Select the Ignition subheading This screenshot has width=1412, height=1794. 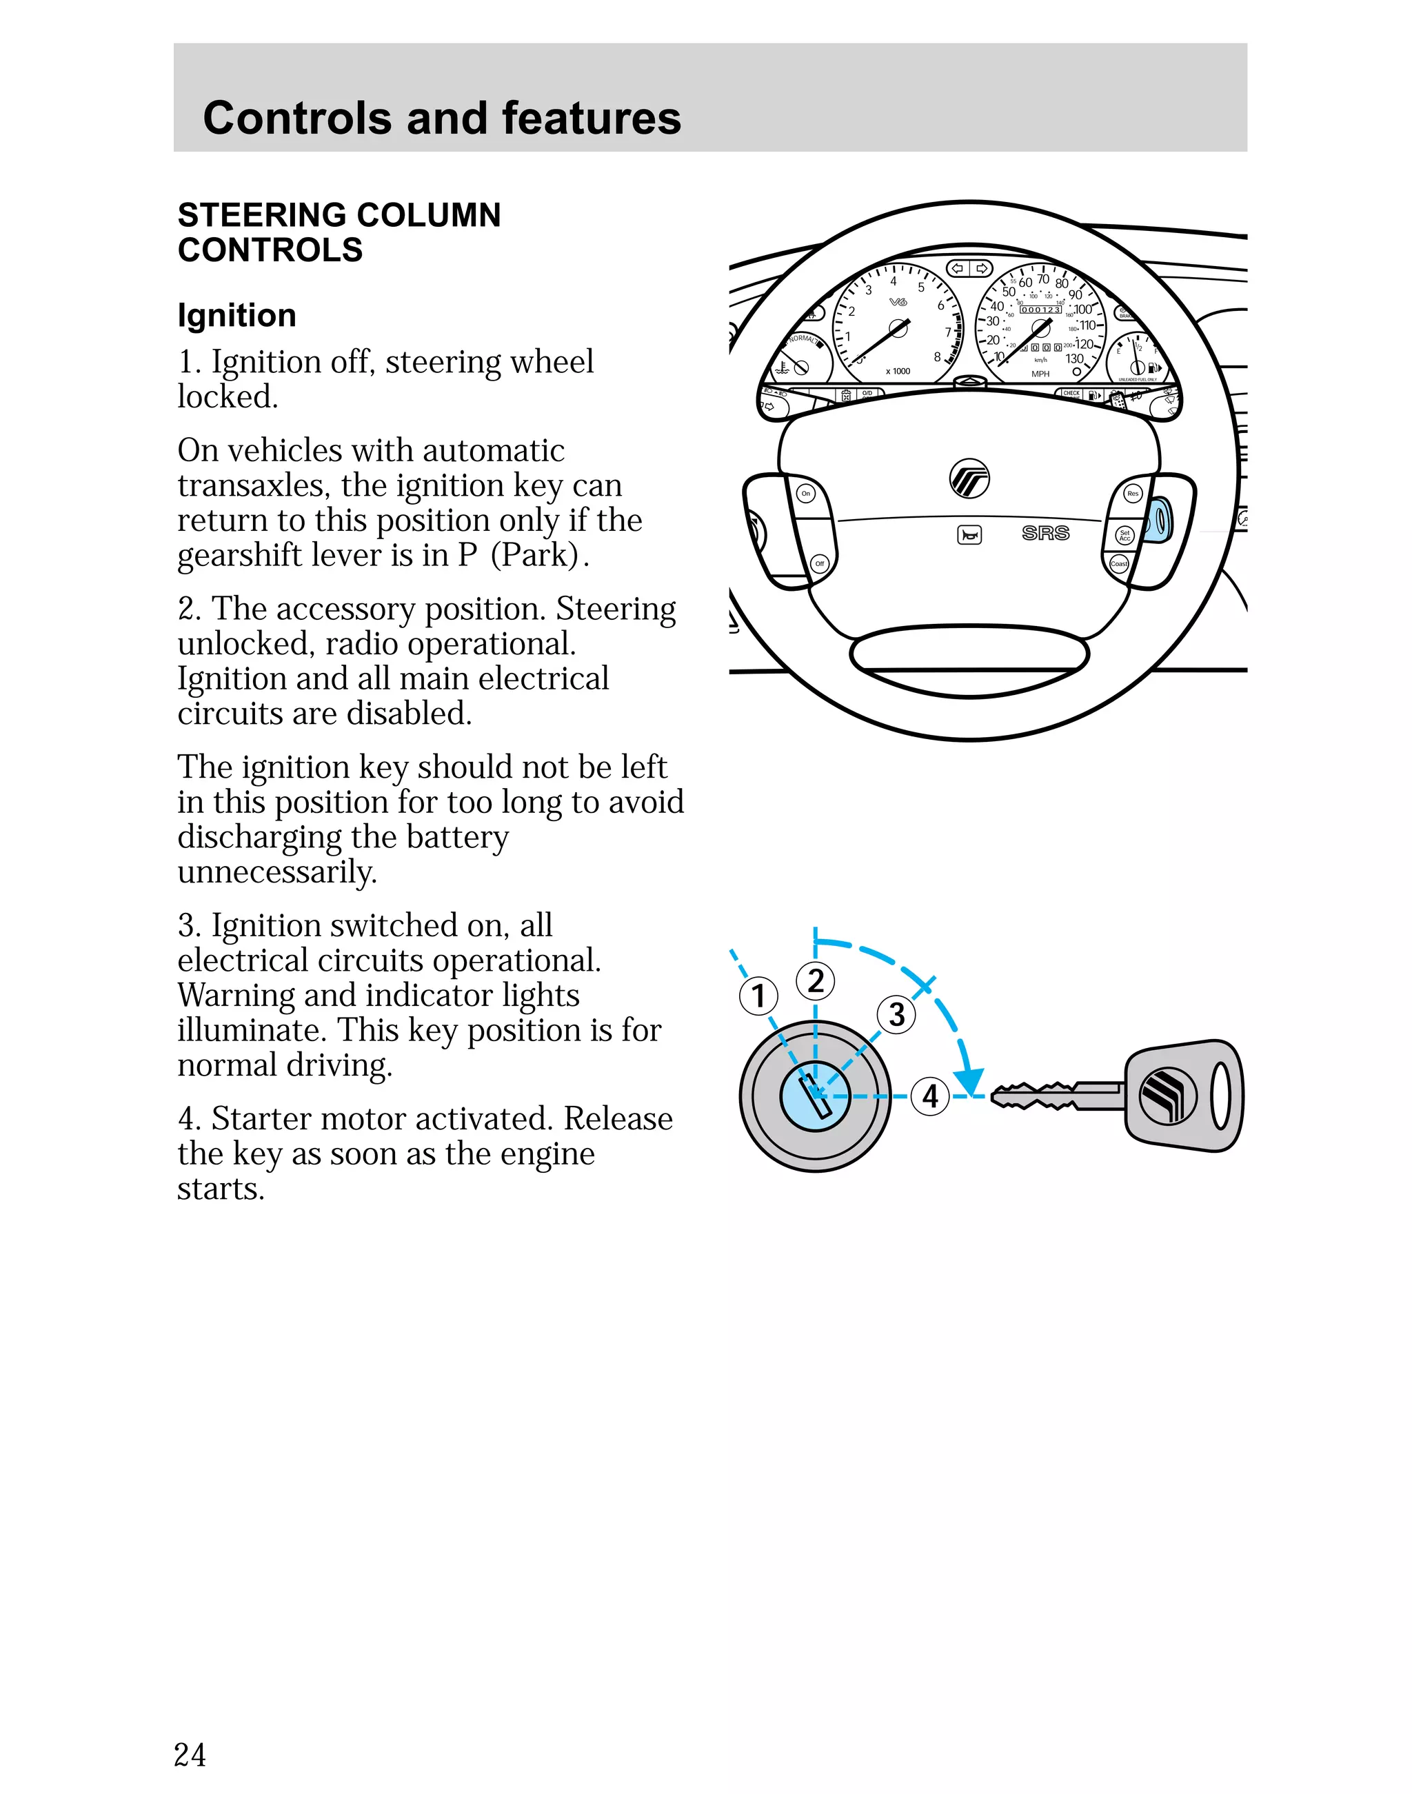236,315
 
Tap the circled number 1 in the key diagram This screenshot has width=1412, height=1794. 758,996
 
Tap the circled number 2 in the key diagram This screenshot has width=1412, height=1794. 815,980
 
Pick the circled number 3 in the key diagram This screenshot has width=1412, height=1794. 896,1014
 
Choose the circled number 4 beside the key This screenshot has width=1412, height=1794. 930,1096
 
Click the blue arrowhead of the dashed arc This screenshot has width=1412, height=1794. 968,1080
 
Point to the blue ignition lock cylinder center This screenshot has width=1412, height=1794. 815,1096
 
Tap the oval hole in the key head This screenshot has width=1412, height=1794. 1221,1096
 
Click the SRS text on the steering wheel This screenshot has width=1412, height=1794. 1045,533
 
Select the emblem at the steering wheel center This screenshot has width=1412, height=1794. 969,478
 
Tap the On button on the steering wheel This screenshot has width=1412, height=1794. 806,494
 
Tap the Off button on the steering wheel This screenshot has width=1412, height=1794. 819,563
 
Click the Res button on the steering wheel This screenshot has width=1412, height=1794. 1133,494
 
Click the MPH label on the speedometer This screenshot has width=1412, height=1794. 1040,374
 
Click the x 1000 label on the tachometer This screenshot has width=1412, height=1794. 898,371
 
